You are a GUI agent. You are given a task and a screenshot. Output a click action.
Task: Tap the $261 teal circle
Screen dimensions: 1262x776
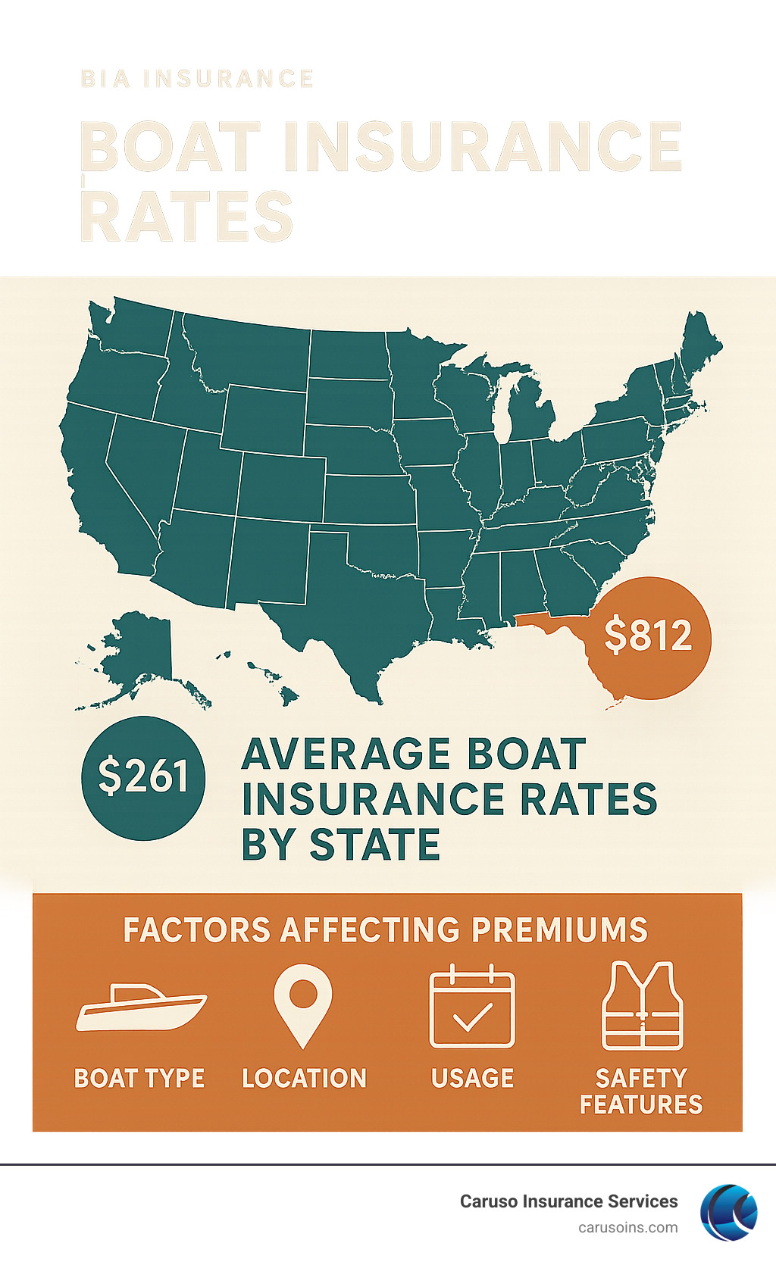pos(143,777)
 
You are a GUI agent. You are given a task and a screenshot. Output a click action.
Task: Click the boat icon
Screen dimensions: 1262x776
pos(141,1007)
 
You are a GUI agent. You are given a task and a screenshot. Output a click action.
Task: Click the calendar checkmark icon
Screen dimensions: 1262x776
pos(472,1007)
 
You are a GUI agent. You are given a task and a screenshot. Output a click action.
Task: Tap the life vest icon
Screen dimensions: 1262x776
pos(642,1005)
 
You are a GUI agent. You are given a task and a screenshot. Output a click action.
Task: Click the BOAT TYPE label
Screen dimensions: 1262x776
pos(139,1078)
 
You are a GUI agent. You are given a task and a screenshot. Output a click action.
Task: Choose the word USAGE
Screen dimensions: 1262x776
pos(472,1078)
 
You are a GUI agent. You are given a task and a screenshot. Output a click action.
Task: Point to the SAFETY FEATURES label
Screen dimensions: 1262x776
pos(641,1091)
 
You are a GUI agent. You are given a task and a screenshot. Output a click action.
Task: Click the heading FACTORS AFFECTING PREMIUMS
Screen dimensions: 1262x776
pos(386,929)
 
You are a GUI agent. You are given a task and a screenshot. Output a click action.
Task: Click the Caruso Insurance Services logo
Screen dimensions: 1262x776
pos(728,1212)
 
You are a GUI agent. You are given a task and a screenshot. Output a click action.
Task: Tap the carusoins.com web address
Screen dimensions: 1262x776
pos(627,1227)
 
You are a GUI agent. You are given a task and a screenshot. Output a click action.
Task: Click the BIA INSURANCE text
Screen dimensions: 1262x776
pos(197,79)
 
